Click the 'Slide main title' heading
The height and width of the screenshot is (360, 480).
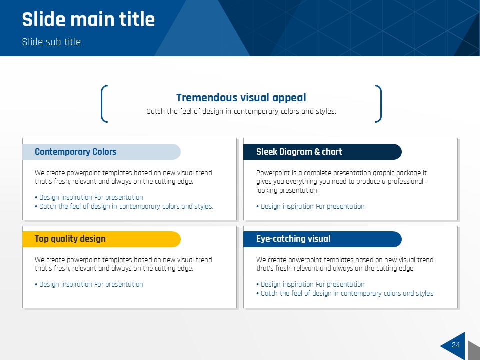[x=88, y=19]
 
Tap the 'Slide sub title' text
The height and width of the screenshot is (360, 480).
[x=51, y=42]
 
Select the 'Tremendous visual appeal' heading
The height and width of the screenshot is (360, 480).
[x=241, y=97]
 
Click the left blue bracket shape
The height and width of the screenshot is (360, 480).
[x=103, y=104]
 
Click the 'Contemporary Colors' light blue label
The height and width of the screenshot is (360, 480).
[x=101, y=152]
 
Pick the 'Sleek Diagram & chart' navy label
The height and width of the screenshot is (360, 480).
[x=322, y=152]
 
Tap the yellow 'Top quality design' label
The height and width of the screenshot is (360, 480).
[x=101, y=239]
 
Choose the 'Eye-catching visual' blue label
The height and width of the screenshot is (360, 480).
[x=322, y=239]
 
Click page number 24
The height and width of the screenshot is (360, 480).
[x=456, y=345]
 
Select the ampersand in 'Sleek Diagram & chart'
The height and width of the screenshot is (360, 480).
[x=317, y=152]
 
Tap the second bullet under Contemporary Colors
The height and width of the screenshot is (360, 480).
[x=124, y=206]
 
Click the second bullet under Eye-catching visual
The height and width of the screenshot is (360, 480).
[x=345, y=293]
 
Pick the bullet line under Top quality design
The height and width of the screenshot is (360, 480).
[x=89, y=284]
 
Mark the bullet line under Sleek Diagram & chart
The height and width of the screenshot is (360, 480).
[x=310, y=206]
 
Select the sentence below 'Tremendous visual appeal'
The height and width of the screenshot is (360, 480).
[x=241, y=111]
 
